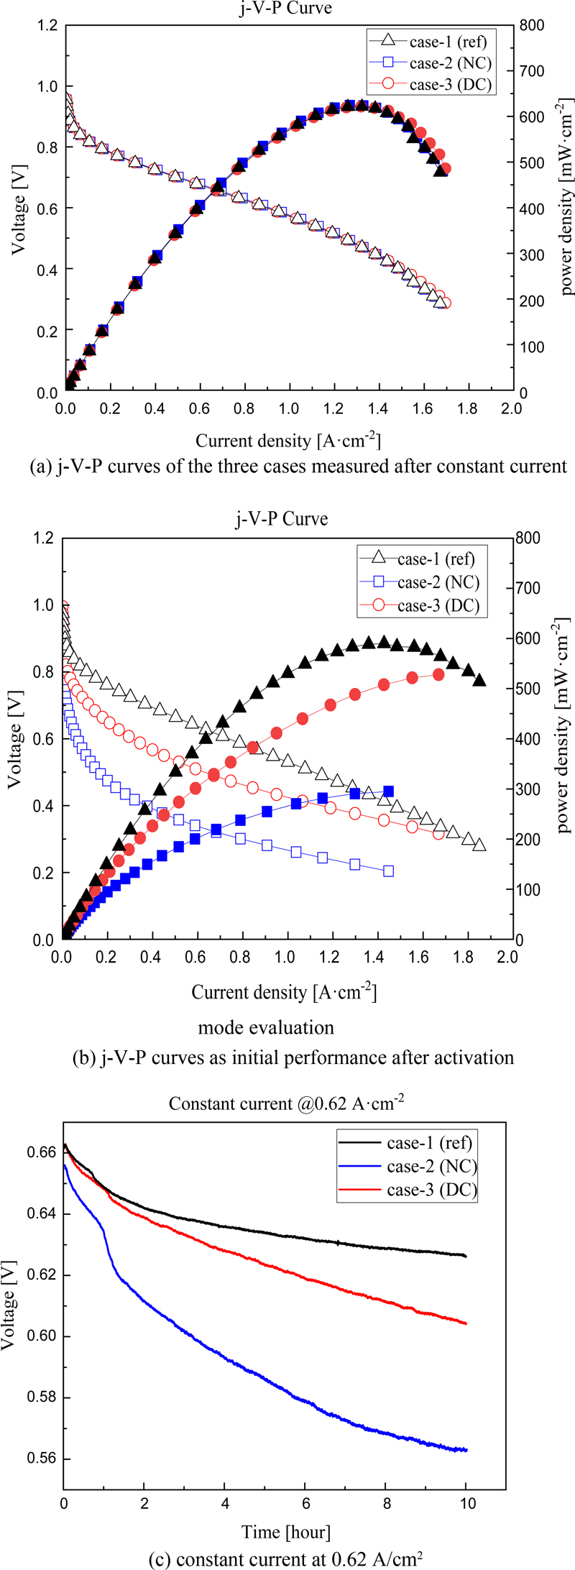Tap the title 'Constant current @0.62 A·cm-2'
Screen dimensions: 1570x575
(x=286, y=1103)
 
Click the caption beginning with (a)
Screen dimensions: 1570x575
(x=287, y=466)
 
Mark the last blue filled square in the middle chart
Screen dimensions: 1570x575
(x=389, y=791)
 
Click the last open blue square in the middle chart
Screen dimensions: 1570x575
(x=389, y=871)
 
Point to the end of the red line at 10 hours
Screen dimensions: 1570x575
(x=466, y=1323)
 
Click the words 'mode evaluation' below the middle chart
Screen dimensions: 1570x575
(x=266, y=1027)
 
